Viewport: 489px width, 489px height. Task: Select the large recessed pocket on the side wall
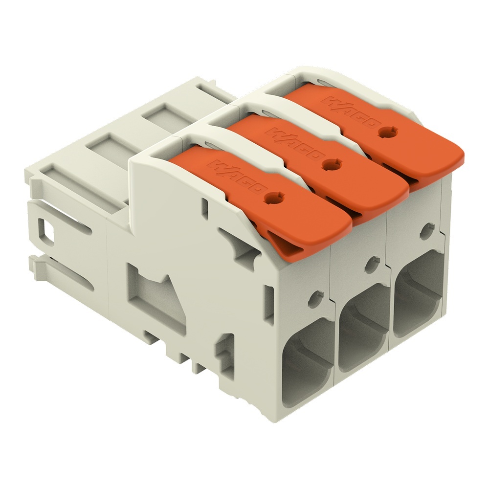(152, 293)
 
